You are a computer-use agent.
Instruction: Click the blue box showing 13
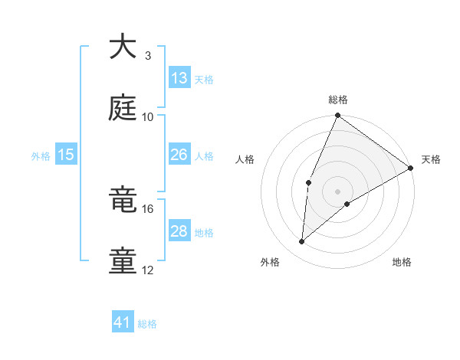pos(179,78)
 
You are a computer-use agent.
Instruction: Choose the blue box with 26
pos(179,155)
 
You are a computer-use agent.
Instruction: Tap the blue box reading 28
pos(179,231)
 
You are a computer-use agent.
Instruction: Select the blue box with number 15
pos(66,155)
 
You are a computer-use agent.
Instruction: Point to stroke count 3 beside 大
pos(147,56)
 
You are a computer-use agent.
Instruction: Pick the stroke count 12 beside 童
pos(148,270)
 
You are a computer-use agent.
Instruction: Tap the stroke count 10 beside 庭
pos(148,116)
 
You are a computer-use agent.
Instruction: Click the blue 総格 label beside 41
pos(147,324)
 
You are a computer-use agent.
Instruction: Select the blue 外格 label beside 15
pos(41,156)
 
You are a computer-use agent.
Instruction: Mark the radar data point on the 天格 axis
pos(412,169)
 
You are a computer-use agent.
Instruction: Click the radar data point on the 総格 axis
pos(337,116)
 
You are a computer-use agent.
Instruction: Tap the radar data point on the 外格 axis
pos(302,242)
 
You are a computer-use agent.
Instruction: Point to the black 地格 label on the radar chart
pos(402,262)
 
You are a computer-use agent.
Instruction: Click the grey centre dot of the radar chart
pos(337,190)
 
